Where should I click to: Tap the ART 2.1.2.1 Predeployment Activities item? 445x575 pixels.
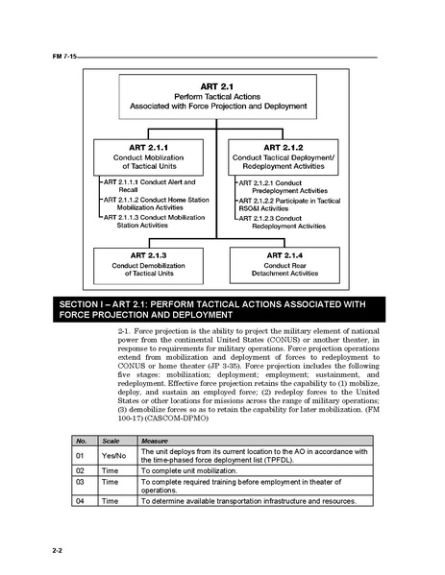(285, 185)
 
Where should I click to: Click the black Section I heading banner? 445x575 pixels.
(222, 309)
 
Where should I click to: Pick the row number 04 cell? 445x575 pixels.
(82, 501)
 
